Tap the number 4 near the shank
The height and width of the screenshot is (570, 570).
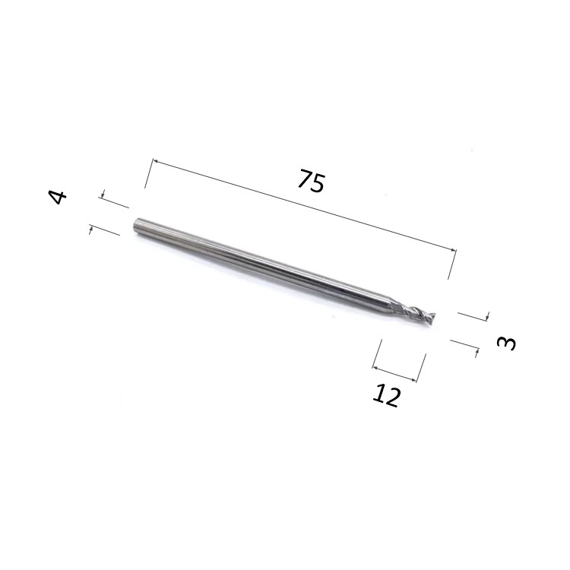[58, 198]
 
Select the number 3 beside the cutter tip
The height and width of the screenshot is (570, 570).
[506, 344]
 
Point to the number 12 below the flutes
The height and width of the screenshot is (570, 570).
[386, 395]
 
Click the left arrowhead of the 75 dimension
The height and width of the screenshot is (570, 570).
[155, 161]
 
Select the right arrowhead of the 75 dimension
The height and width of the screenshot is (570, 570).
[453, 250]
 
